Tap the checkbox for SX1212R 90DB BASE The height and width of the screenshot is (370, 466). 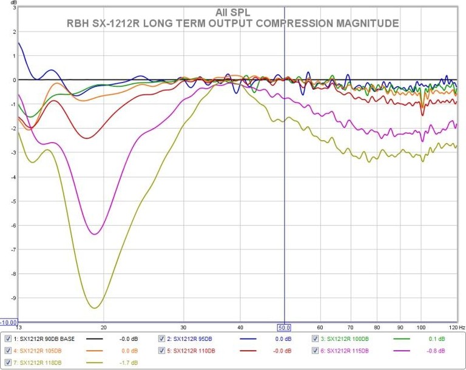(8, 338)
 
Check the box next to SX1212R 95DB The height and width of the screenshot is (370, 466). (162, 338)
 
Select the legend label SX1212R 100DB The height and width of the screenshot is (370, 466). (351, 338)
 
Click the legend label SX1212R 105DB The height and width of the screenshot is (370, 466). (41, 351)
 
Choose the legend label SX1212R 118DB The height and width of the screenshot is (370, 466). (41, 363)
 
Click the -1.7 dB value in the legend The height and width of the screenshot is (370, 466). (130, 363)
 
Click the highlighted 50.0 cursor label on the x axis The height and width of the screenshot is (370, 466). (285, 327)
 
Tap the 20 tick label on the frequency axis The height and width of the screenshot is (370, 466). (104, 327)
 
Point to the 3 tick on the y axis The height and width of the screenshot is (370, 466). (13, 7)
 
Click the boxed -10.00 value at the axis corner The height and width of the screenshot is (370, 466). (9, 322)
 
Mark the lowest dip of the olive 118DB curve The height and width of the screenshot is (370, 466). (94, 308)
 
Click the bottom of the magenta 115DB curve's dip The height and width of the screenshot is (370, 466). (95, 234)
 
